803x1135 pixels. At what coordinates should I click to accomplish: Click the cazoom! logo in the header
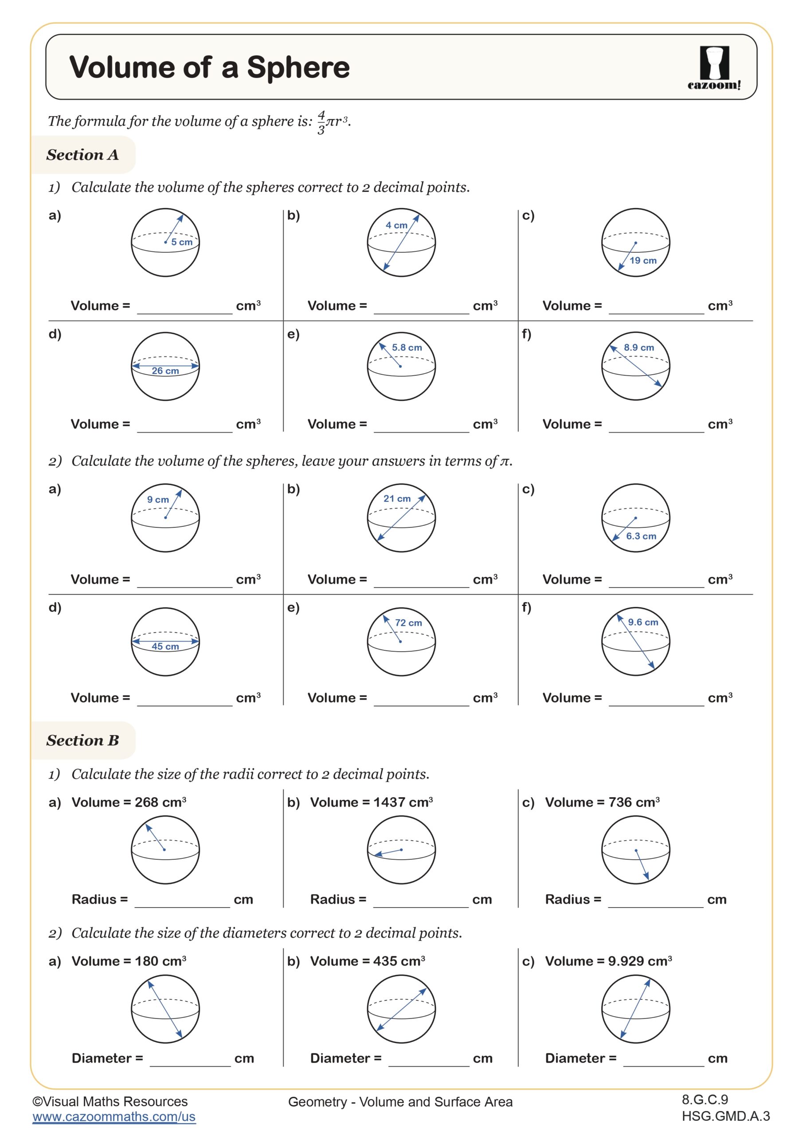click(713, 68)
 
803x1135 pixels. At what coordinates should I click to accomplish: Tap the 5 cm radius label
click(181, 242)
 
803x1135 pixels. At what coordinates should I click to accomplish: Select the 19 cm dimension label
click(643, 261)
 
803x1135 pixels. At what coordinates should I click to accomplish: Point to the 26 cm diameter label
click(165, 371)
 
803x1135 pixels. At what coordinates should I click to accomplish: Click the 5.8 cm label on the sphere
click(407, 348)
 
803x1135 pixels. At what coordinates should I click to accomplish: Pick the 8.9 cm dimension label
click(639, 348)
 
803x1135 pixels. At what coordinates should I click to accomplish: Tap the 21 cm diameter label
click(397, 499)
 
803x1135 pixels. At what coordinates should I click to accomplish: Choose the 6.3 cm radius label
click(641, 536)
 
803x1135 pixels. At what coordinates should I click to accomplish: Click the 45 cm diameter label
click(165, 646)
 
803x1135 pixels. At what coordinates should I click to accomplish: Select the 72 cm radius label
click(408, 623)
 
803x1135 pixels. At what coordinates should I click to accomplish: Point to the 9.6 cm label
click(643, 622)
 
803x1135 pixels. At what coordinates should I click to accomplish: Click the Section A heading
click(82, 155)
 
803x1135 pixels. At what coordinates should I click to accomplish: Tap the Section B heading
click(82, 740)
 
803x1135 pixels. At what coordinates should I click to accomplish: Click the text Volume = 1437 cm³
click(371, 802)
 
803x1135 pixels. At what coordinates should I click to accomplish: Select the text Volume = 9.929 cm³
click(608, 961)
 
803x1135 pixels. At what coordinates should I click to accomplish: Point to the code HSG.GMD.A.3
click(725, 1116)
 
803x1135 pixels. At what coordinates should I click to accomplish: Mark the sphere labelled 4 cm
click(401, 242)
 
